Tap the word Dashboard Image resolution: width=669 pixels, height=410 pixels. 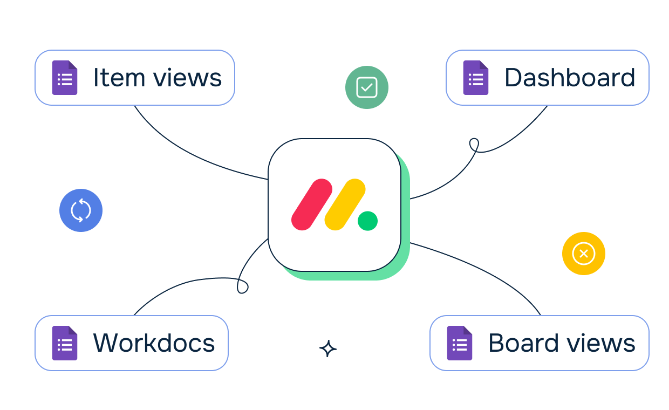(570, 78)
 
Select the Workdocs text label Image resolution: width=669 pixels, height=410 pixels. (154, 343)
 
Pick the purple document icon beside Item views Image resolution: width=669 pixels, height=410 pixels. (64, 78)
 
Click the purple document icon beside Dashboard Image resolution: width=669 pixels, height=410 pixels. (475, 78)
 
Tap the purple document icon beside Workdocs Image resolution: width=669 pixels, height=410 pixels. (64, 343)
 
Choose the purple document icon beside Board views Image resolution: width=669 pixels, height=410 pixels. (459, 343)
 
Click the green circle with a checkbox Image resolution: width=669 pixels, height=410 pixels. (367, 87)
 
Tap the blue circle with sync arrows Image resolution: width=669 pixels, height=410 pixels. (81, 210)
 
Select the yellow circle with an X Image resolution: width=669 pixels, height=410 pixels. (584, 254)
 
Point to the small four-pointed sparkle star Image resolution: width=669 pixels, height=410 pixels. (328, 348)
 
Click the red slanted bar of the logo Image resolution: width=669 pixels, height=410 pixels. (311, 204)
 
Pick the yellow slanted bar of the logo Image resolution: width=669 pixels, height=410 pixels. (345, 204)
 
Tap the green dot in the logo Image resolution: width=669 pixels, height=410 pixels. (367, 221)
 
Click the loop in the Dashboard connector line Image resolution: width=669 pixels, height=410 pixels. (474, 145)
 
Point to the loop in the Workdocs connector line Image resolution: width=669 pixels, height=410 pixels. (243, 286)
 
